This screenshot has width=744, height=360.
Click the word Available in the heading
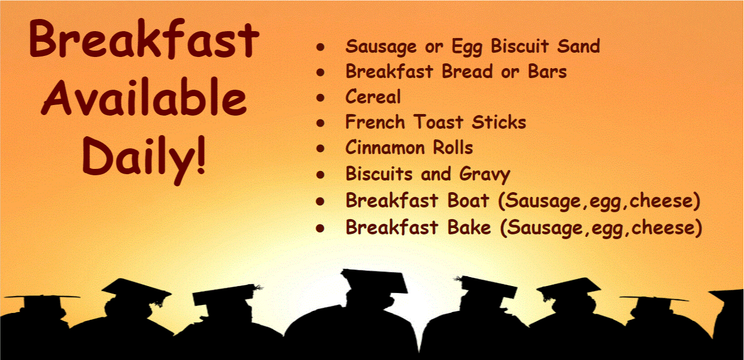pyautogui.click(x=144, y=97)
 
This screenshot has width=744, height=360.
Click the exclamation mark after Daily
pyautogui.click(x=200, y=155)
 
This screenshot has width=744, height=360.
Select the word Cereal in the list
pyautogui.click(x=373, y=97)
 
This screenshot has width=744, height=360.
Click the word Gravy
pyautogui.click(x=485, y=175)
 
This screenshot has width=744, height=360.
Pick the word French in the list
pyautogui.click(x=375, y=122)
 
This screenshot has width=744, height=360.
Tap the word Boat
pyautogui.click(x=468, y=200)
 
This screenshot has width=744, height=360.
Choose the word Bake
pyautogui.click(x=469, y=227)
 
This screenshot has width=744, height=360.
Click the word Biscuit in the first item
pyautogui.click(x=520, y=46)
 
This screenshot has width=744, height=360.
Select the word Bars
pyautogui.click(x=548, y=71)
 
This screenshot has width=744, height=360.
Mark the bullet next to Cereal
pyautogui.click(x=321, y=98)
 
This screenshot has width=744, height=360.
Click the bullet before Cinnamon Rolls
pyautogui.click(x=321, y=148)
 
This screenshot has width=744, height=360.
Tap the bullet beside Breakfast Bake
pyautogui.click(x=321, y=229)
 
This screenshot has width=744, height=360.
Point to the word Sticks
pyautogui.click(x=499, y=122)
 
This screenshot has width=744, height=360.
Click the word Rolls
pyautogui.click(x=453, y=147)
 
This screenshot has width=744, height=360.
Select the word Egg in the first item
pyautogui.click(x=467, y=47)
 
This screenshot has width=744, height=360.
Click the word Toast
pyautogui.click(x=438, y=122)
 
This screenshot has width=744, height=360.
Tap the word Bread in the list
pyautogui.click(x=467, y=71)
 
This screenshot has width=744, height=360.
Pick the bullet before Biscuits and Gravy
pyautogui.click(x=321, y=175)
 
